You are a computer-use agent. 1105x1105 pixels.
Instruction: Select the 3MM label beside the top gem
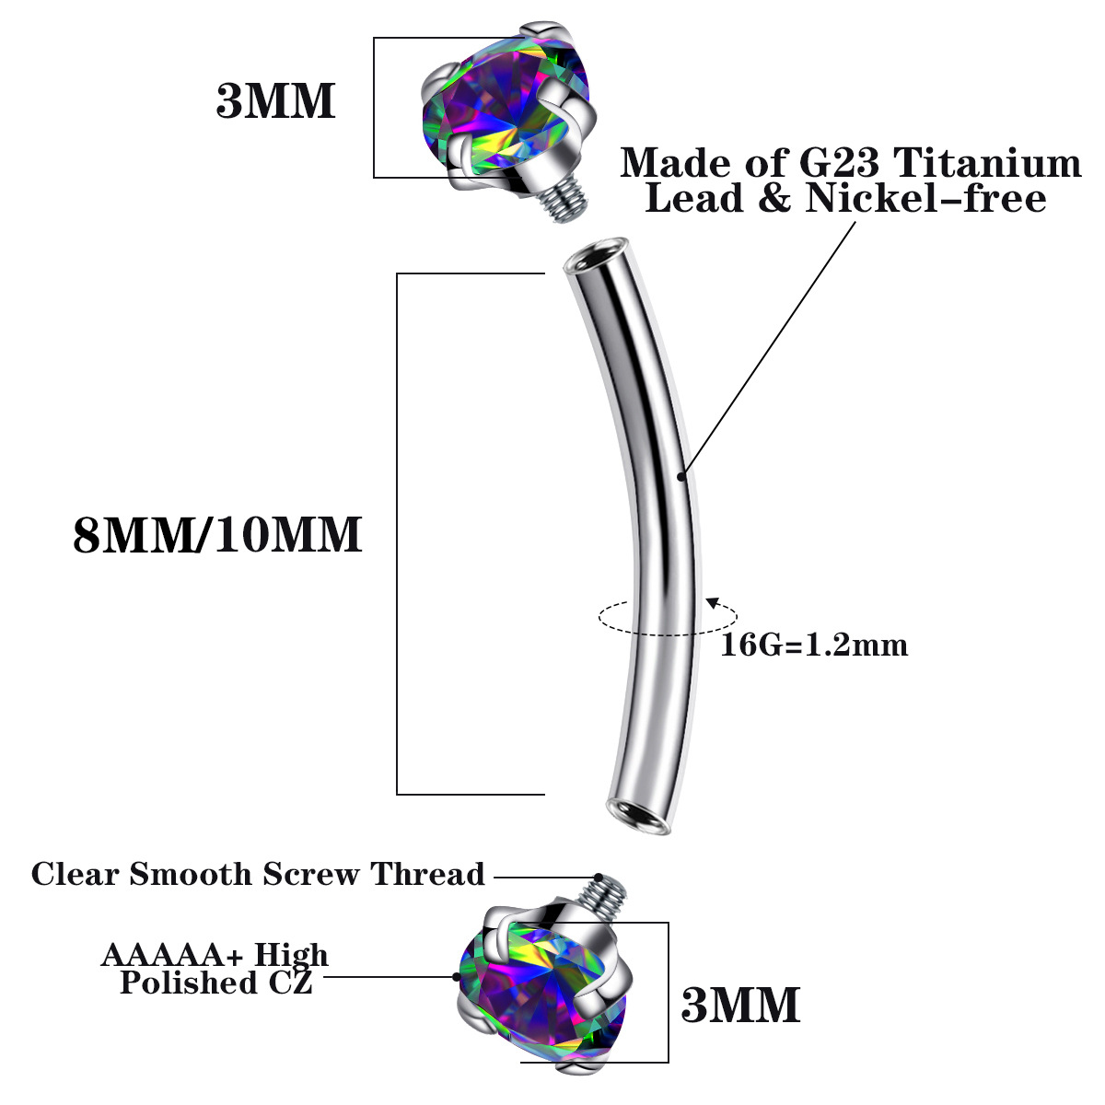pyautogui.click(x=275, y=101)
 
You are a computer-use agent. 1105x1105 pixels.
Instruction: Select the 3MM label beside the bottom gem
pyautogui.click(x=740, y=1006)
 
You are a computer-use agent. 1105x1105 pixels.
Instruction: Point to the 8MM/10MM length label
pyautogui.click(x=217, y=535)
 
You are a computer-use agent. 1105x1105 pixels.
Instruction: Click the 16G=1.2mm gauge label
pyautogui.click(x=814, y=645)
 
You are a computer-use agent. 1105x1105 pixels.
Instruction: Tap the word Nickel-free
pyautogui.click(x=926, y=198)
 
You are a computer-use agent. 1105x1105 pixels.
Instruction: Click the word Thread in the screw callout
pyautogui.click(x=427, y=874)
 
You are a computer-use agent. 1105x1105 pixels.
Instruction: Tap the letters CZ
pyautogui.click(x=291, y=983)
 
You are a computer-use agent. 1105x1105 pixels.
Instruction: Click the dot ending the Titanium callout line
pyautogui.click(x=681, y=476)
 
